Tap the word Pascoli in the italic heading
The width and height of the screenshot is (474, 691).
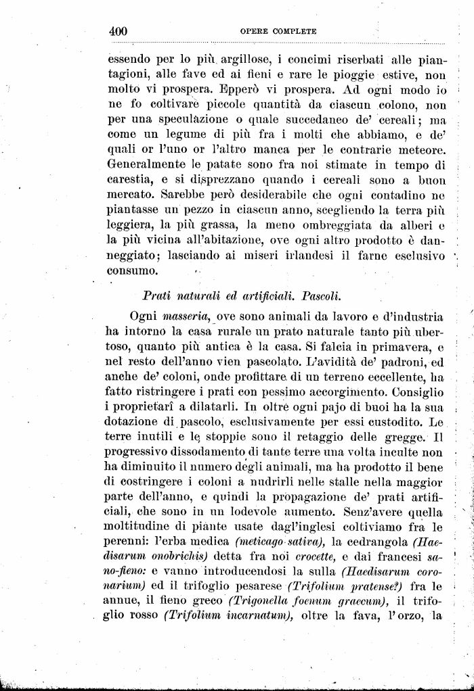click(x=321, y=295)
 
